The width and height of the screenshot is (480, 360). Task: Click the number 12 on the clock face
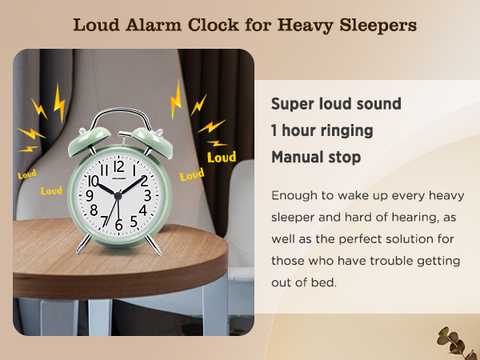[x=118, y=166]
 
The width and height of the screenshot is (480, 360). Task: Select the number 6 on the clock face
[x=119, y=224]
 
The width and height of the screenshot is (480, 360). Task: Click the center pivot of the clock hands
[x=118, y=196]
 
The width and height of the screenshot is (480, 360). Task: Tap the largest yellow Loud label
[x=221, y=157]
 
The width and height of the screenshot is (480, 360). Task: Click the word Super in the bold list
[x=291, y=104]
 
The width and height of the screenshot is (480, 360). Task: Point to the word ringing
[x=346, y=130]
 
